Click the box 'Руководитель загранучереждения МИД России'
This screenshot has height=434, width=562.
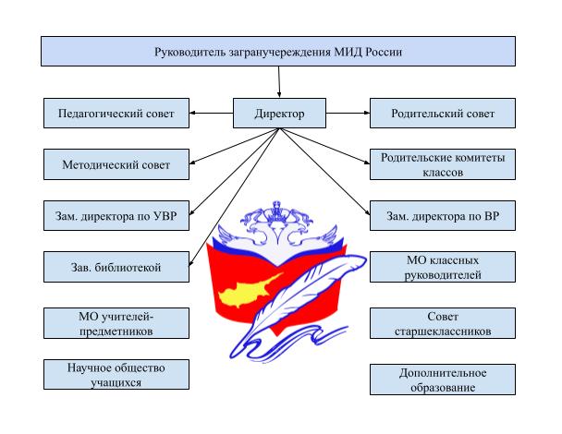coord(278,51)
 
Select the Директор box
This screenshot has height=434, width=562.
coord(279,114)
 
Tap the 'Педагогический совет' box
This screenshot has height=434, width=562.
coord(116,114)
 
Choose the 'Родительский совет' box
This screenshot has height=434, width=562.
coord(443,114)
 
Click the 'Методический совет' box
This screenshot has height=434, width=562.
coord(116,164)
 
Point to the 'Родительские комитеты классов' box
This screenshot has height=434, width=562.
coord(443,164)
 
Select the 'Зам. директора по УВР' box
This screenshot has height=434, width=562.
coord(116,215)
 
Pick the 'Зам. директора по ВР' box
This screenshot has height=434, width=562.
coord(443,215)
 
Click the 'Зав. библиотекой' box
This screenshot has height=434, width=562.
coord(116,267)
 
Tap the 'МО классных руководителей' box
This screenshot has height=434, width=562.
coord(443,267)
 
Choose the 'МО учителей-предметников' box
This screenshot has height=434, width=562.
coord(116,323)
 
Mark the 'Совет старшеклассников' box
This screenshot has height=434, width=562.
coord(443,323)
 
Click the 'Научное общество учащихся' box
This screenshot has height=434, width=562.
coord(116,375)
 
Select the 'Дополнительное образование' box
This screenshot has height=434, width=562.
coord(443,380)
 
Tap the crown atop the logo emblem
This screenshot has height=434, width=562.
coord(276,211)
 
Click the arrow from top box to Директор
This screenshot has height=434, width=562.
coord(279,82)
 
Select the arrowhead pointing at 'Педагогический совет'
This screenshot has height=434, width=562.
coord(192,113)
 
